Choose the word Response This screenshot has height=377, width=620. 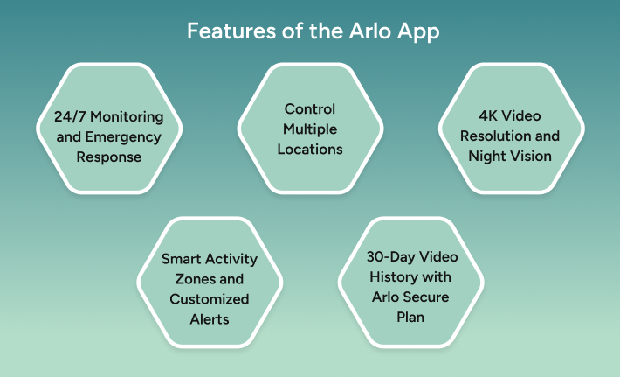(x=109, y=157)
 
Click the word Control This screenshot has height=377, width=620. (x=310, y=109)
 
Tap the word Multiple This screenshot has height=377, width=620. (x=310, y=129)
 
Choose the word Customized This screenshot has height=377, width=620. (x=210, y=299)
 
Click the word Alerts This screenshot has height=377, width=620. (x=210, y=318)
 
